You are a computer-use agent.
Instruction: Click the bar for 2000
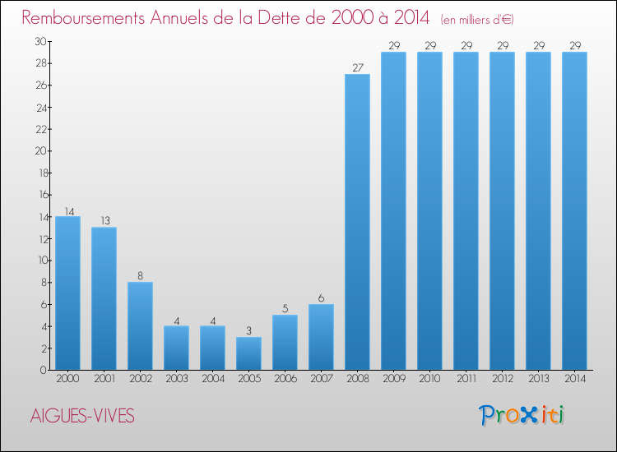pos(67,293)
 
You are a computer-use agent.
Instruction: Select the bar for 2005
pos(248,353)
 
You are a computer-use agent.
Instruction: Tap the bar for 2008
pos(357,222)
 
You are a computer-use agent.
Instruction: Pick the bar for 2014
pos(574,211)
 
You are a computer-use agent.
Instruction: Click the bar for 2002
pos(140,326)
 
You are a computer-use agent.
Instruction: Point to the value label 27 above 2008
pos(357,68)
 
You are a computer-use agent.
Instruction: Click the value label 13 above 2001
pos(104,221)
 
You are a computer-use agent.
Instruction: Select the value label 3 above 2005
pos(248,331)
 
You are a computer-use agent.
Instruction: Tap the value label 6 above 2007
pos(321,298)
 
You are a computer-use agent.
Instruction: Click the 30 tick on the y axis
pos(39,41)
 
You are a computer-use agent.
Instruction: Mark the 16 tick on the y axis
pos(39,195)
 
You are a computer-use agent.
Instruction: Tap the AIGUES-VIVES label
pos(81,416)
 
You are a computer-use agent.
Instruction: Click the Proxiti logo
pos(522,415)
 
